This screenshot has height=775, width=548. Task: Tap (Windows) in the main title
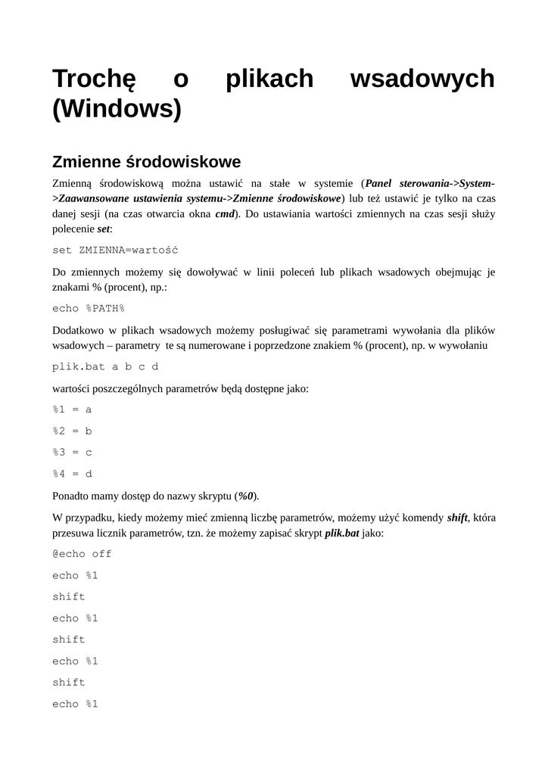(117, 110)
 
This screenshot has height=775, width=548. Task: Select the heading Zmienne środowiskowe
(146, 162)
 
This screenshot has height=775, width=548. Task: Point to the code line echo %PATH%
(88, 308)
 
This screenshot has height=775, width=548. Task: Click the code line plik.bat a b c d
(105, 367)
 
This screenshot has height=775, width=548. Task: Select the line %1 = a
(72, 409)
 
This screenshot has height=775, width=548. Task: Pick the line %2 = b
(72, 431)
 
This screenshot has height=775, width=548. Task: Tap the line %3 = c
(72, 453)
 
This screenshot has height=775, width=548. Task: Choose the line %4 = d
(72, 474)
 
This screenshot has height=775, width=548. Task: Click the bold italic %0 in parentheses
(246, 496)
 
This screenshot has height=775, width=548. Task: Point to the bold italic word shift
(457, 518)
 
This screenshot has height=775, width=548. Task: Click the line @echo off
(82, 554)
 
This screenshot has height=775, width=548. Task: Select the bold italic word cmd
(225, 213)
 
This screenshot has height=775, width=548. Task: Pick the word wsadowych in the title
(422, 79)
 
